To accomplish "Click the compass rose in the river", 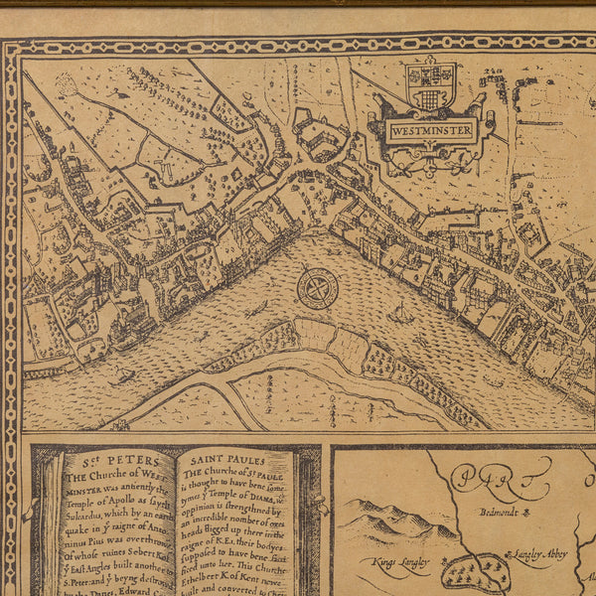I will (318, 288).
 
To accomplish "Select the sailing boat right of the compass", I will (400, 314).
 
